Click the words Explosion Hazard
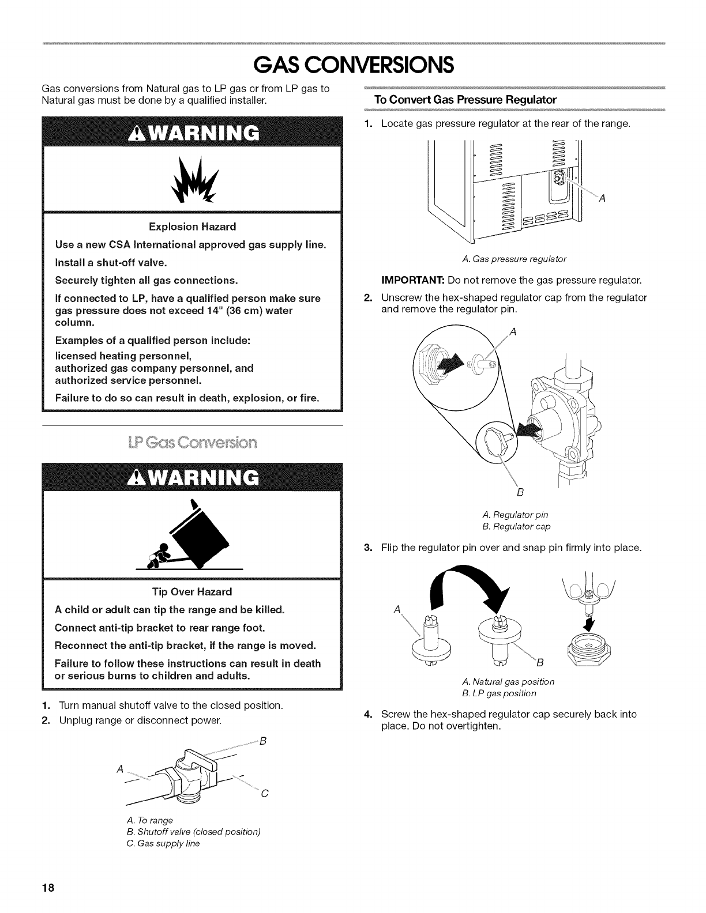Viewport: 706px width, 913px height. tap(193, 226)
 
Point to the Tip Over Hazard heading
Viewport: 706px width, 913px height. tap(192, 592)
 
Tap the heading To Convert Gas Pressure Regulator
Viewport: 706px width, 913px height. tap(465, 100)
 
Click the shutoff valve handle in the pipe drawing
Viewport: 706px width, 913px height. tap(199, 759)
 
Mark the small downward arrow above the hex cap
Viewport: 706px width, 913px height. tap(589, 624)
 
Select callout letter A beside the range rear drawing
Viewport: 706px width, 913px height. tap(602, 199)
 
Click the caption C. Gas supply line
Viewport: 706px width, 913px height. tap(163, 843)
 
